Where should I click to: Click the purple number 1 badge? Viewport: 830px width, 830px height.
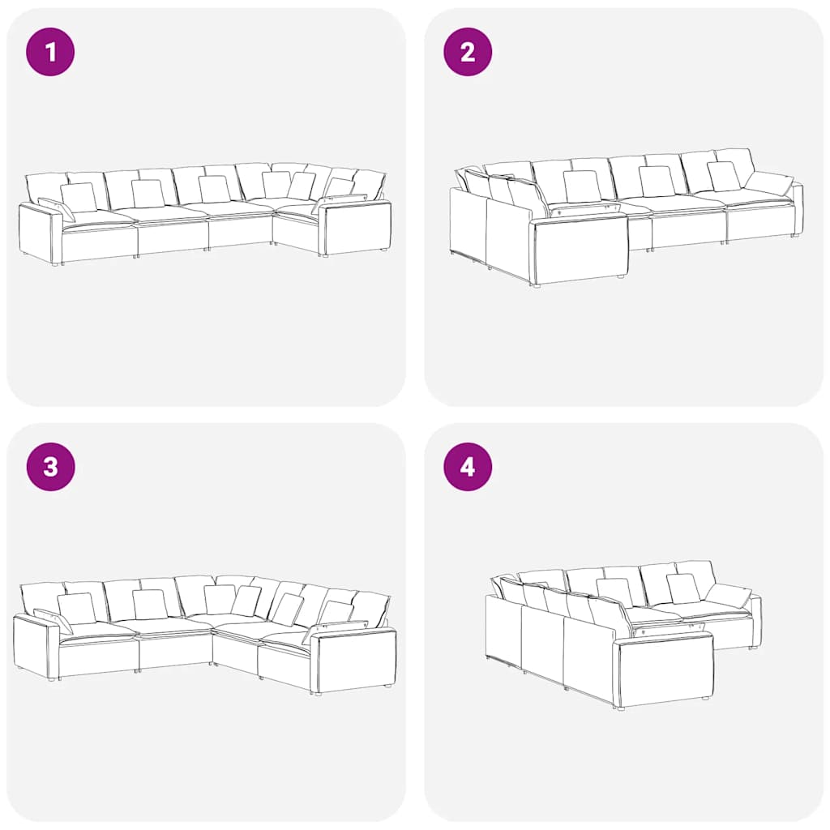(x=50, y=52)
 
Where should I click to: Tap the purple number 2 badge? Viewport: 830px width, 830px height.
(x=468, y=52)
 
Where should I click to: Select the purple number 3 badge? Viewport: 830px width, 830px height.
(x=50, y=467)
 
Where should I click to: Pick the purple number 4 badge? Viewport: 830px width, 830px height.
(x=468, y=467)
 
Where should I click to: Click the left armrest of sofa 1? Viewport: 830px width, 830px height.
(x=40, y=233)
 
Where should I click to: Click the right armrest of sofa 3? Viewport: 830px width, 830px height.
(x=355, y=659)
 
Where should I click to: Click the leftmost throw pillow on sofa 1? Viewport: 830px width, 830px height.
(x=79, y=197)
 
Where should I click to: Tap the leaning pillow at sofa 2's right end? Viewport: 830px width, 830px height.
(x=770, y=183)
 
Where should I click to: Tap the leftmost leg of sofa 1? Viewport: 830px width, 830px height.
(x=56, y=263)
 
